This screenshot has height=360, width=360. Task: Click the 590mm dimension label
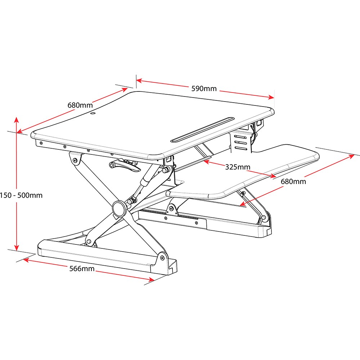click(x=204, y=89)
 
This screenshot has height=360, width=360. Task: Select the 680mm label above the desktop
click(x=80, y=105)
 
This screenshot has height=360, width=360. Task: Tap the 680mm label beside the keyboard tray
click(x=293, y=181)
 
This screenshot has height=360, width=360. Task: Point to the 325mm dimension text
click(x=238, y=167)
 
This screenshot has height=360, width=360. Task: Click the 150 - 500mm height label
click(x=22, y=195)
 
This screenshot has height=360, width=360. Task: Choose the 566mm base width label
click(x=82, y=269)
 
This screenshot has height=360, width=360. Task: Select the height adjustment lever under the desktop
click(x=124, y=166)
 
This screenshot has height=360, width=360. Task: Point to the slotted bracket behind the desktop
click(x=240, y=142)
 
